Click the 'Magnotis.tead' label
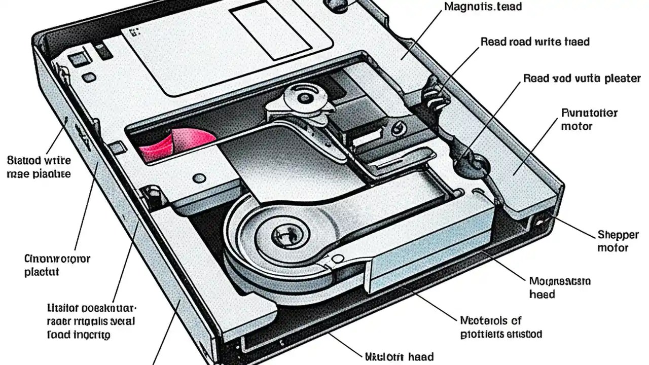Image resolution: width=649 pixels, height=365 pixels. tap(483, 7)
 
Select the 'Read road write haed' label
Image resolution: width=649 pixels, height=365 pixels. tap(535, 42)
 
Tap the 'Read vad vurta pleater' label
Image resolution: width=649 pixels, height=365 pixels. tap(582, 79)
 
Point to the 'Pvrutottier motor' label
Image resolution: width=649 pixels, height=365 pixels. tap(589, 119)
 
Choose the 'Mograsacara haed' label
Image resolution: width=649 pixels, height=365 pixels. tap(560, 287)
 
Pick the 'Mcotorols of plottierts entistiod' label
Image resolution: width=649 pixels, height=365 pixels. tap(501, 327)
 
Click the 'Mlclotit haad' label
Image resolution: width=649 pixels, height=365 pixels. tap(399, 356)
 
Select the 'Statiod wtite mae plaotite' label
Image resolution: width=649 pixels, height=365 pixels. tap(39, 167)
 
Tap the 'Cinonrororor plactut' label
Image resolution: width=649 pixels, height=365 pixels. tap(57, 265)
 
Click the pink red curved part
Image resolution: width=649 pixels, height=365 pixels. tap(170, 144)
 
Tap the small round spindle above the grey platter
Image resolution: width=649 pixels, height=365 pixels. tap(304, 96)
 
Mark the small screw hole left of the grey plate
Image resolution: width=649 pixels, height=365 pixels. tap(200, 178)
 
